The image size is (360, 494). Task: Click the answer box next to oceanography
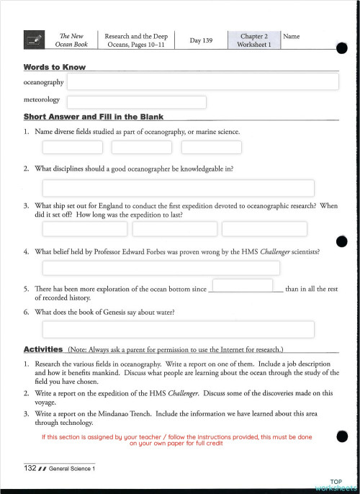[x=203, y=81]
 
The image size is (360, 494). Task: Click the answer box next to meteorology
[x=137, y=102]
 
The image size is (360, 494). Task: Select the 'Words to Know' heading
[x=55, y=67]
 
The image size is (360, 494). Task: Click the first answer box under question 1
[x=72, y=148]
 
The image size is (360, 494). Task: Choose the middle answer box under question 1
[x=142, y=148]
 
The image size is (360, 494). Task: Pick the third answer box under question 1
[x=211, y=148]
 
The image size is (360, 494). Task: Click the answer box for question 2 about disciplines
[x=178, y=188]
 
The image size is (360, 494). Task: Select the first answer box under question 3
[x=85, y=229]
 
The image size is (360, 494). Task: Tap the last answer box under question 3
[x=264, y=229]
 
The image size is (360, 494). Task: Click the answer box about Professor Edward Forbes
[x=178, y=269]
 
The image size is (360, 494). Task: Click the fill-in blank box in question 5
[x=243, y=286]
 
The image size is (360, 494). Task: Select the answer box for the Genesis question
[x=178, y=329]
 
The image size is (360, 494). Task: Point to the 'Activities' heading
[x=43, y=349]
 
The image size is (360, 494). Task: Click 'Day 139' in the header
[x=201, y=40]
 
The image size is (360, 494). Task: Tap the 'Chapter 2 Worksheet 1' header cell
[x=254, y=40]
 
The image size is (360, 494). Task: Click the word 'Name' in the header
[x=292, y=36]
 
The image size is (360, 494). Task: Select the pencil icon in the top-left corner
[x=33, y=40]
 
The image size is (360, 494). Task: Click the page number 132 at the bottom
[x=30, y=469]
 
